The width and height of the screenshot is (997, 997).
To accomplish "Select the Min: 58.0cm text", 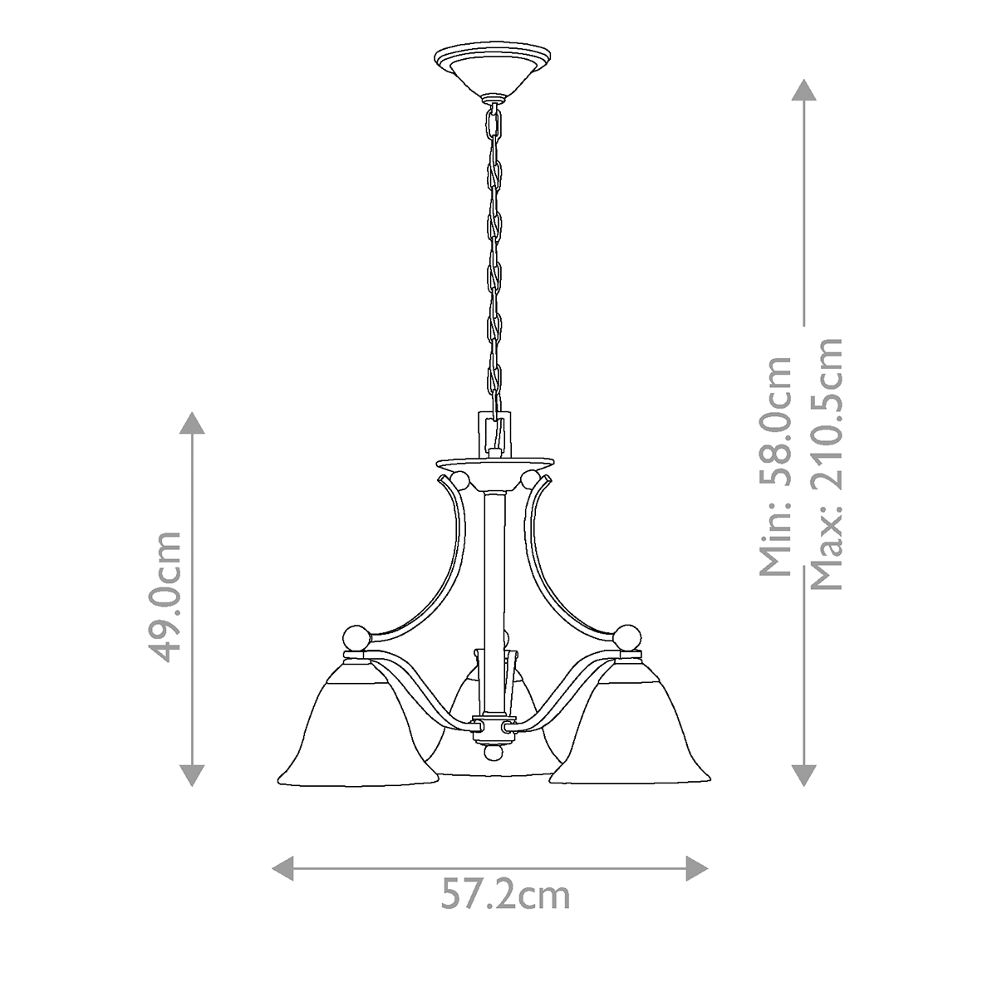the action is (775, 465).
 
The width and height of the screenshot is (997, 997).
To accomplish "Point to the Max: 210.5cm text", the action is (826, 464).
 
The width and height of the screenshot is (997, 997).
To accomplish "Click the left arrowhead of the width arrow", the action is (282, 868).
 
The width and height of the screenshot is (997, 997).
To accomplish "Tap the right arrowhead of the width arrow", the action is (697, 868).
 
